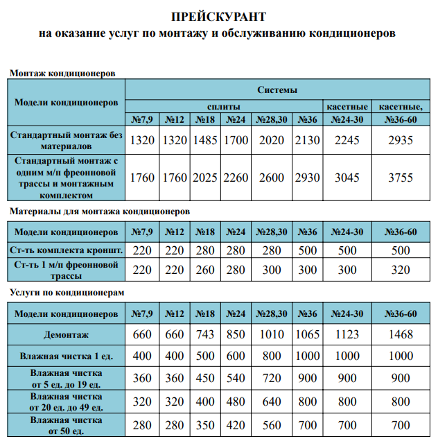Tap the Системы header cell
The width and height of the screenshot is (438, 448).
(277, 90)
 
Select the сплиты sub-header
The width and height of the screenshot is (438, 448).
(224, 106)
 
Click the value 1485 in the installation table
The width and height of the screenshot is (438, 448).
(205, 140)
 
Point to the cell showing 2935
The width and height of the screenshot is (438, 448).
(400, 140)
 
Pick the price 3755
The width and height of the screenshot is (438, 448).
(400, 178)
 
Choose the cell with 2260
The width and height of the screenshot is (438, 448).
(236, 178)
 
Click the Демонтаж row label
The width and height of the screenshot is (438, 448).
(66, 335)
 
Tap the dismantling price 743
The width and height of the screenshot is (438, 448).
(205, 335)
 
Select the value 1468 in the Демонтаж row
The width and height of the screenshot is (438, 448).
(400, 335)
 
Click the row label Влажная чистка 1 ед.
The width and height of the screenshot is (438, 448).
(66, 356)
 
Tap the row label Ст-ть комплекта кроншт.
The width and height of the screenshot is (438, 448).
(66, 250)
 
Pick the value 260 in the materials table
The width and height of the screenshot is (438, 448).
(205, 268)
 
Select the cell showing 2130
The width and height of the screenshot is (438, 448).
(307, 140)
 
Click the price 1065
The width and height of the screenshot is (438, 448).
(307, 335)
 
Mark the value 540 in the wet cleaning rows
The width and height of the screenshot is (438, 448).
(236, 379)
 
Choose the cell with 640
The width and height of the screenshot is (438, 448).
(272, 402)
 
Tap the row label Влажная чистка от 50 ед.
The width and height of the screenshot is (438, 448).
(66, 425)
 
